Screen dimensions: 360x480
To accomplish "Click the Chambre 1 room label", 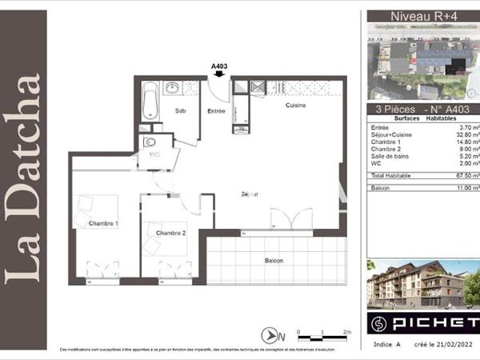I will (103, 223).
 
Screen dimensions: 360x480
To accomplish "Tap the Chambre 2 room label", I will (170, 232).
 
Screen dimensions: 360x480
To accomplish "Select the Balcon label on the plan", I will (274, 262).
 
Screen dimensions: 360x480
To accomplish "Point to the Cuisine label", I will (298, 106).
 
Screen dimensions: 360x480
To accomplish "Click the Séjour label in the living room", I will (250, 194).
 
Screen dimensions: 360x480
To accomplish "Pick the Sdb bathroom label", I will (181, 111).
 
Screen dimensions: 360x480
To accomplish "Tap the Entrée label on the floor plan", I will (216, 111).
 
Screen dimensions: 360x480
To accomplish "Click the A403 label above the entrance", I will (220, 66).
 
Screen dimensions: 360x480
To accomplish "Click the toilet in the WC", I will (150, 145).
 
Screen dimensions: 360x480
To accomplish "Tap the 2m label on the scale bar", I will (346, 330).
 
